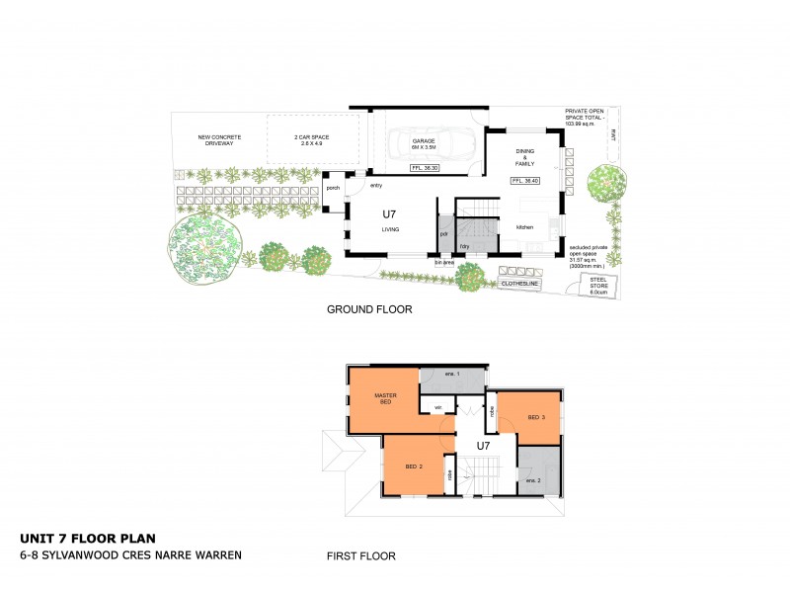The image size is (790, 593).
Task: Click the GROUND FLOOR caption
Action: [369, 309]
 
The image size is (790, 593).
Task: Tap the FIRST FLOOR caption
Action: [361, 556]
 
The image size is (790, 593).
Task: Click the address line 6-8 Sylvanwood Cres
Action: [130, 554]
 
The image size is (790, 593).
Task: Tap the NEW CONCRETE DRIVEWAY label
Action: [216, 140]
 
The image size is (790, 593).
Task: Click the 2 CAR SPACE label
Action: [310, 140]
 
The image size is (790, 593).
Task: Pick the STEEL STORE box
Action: [598, 286]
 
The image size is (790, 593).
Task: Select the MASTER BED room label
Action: [385, 398]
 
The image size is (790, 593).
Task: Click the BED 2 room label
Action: [415, 466]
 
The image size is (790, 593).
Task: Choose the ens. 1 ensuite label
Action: [453, 374]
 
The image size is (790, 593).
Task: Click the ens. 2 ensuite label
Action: [532, 480]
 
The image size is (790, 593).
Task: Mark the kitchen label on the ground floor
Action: [524, 227]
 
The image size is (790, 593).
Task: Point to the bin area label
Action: [444, 263]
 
